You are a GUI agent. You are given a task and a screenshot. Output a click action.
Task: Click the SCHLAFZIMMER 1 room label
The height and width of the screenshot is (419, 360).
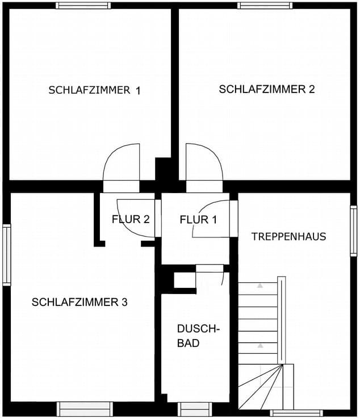click(94, 90)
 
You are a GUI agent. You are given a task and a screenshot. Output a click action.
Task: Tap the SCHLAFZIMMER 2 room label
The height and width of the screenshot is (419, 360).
click(267, 89)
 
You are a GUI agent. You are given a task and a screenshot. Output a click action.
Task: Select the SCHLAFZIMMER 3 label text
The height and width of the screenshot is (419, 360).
click(79, 302)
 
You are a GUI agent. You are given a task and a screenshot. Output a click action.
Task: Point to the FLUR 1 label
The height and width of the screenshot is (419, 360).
click(198, 220)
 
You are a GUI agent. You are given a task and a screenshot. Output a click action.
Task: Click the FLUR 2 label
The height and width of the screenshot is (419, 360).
click(131, 219)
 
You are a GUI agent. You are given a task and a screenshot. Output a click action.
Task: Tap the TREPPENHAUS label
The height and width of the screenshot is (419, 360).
click(288, 237)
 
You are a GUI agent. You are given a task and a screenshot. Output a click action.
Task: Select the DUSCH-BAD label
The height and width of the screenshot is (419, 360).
click(198, 336)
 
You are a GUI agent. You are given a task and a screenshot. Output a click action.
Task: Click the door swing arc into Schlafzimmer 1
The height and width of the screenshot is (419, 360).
click(110, 155)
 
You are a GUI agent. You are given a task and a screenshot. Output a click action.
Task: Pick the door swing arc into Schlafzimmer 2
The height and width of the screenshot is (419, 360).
click(216, 154)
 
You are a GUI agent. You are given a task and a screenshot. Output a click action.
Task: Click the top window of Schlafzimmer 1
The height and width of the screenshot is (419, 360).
click(83, 5)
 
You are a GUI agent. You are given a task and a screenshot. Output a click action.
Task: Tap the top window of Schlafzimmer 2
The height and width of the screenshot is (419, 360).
click(265, 5)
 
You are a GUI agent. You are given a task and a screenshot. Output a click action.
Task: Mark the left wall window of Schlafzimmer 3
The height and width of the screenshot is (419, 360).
click(7, 255)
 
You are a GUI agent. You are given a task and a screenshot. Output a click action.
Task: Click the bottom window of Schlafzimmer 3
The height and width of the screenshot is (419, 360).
click(85, 409)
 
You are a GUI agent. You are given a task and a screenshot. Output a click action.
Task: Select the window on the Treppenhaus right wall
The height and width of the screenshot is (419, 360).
click(353, 231)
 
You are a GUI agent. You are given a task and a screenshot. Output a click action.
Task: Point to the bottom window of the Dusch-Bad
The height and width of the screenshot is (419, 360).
click(195, 409)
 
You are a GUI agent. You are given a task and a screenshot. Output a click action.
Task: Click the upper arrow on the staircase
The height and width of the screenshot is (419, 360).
click(260, 286)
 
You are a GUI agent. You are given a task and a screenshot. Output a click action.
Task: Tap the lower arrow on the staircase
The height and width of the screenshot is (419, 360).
click(260, 346)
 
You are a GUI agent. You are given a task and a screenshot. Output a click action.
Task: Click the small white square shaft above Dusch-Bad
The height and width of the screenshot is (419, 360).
click(185, 280)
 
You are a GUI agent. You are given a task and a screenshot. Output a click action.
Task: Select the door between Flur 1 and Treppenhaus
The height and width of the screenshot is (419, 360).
click(233, 219)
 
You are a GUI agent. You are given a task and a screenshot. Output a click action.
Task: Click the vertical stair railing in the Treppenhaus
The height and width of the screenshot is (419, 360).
click(282, 320)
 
